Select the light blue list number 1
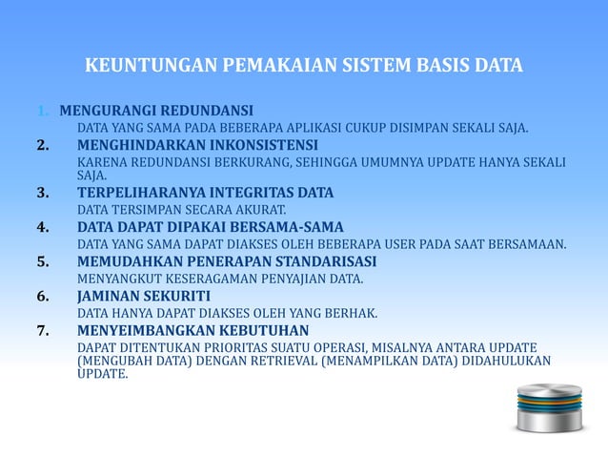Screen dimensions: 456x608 pos(43,110)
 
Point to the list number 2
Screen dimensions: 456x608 pos(43,145)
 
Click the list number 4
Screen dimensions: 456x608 pos(43,226)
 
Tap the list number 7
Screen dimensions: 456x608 pos(43,331)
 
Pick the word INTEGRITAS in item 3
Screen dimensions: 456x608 pos(257,193)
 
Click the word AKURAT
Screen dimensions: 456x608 pos(260,209)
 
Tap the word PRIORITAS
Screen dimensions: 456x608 pos(238,346)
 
